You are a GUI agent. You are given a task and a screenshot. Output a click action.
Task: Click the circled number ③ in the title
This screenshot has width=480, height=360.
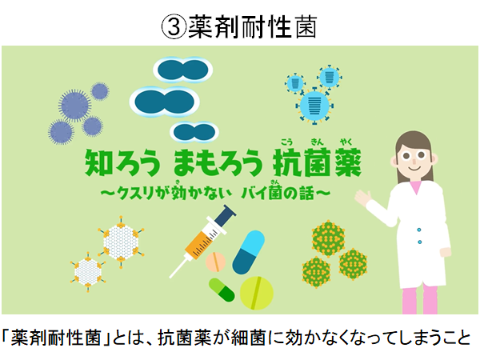pyautogui.click(x=174, y=27)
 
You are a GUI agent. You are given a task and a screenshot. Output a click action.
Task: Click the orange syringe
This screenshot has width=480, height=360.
pyautogui.click(x=202, y=241)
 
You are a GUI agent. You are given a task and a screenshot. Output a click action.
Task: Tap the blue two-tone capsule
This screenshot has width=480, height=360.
pyautogui.click(x=248, y=252)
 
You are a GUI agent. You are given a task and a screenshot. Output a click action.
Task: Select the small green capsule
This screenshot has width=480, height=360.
pyautogui.click(x=222, y=290)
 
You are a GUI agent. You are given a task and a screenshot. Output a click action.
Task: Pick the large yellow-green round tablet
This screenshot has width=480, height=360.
pyautogui.click(x=257, y=293)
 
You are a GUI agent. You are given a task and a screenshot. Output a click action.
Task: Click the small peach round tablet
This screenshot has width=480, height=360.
pyautogui.click(x=215, y=262)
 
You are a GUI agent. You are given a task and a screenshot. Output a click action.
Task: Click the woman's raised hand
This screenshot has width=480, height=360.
pyautogui.click(x=363, y=198)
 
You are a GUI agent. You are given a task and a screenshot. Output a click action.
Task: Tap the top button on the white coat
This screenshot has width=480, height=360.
pyautogui.click(x=418, y=230)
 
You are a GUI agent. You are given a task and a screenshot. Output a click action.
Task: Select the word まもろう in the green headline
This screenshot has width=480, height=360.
pyautogui.click(x=218, y=162)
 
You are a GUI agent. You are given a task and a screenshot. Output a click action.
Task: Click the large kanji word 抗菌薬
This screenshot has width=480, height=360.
pyautogui.click(x=317, y=162)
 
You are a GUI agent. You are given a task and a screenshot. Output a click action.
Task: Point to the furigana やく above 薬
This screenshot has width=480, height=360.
pyautogui.click(x=346, y=142)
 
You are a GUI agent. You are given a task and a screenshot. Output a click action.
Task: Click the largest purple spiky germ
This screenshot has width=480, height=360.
pyautogui.click(x=74, y=106)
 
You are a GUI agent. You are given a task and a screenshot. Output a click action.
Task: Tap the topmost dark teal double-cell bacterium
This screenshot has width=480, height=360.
pyautogui.click(x=183, y=70)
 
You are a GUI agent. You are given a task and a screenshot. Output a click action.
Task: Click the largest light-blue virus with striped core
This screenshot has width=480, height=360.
pyautogui.click(x=314, y=106)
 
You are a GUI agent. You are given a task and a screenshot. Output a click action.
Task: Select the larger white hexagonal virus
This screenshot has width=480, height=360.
pyautogui.click(x=121, y=242)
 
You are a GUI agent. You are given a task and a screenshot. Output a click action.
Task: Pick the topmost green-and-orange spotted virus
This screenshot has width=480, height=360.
pyautogui.click(x=328, y=238)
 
